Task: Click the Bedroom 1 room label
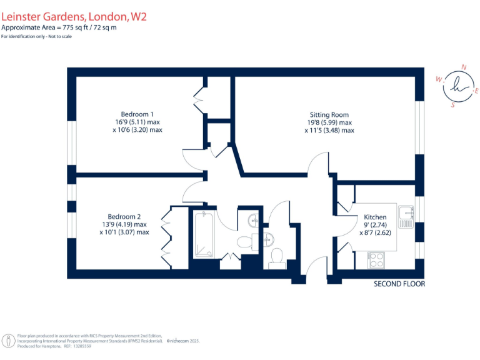137,114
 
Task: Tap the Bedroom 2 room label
124,216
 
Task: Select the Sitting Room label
329,114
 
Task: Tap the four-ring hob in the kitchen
377,259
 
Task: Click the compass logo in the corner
459,86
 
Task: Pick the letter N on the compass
463,67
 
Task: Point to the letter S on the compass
453,106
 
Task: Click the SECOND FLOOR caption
399,284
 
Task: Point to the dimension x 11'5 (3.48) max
329,131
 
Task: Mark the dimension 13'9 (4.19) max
124,224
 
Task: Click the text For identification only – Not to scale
36,37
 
